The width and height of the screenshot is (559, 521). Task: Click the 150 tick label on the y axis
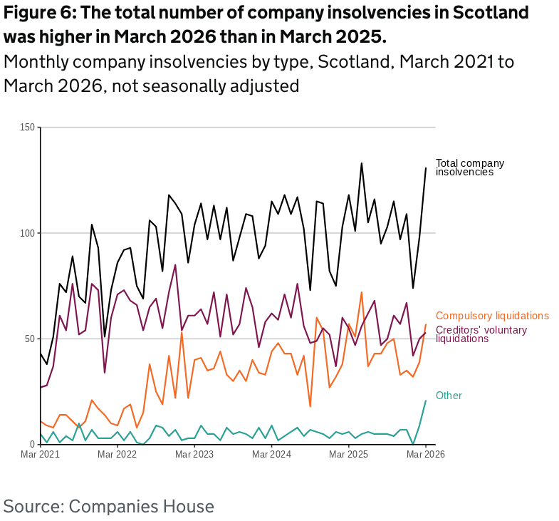coord(27,128)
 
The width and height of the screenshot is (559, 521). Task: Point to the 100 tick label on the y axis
coord(27,233)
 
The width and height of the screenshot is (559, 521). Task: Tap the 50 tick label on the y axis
coord(29,339)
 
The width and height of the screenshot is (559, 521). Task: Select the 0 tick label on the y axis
coord(32,444)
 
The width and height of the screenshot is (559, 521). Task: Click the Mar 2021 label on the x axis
coord(41,455)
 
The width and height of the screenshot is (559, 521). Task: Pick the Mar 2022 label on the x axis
coord(117,455)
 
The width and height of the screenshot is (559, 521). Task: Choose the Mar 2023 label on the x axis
coord(194,455)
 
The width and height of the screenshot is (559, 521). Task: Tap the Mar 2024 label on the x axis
coord(271,455)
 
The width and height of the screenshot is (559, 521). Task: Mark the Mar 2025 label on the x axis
coord(348,455)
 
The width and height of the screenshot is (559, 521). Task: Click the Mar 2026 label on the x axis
coord(425,455)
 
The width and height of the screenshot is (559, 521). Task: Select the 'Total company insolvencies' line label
coord(469,167)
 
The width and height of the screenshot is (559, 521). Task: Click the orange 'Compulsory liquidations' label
coord(492,316)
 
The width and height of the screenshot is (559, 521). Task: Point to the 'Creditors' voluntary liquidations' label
coord(481,334)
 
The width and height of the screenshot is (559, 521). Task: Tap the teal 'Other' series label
coord(449,396)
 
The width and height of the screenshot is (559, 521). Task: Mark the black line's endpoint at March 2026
coord(426,168)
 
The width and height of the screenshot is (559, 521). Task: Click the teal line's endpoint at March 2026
coord(426,401)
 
